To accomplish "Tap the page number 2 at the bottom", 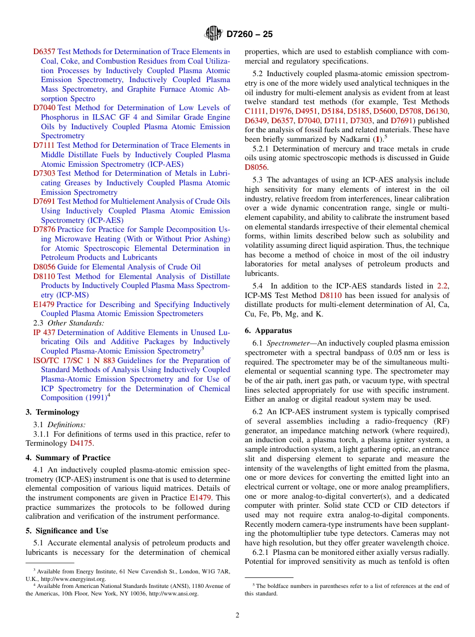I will pos(237,615).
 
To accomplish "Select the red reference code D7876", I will pos(44,229).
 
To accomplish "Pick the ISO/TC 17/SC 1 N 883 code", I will pos(74,361).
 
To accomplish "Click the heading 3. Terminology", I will pos(52,412).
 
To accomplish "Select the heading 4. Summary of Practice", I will pos(68,458).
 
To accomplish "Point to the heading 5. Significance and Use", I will pos(67,531).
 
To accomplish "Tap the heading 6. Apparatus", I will pos(268,331).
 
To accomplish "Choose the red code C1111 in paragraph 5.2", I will pos(255,111).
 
